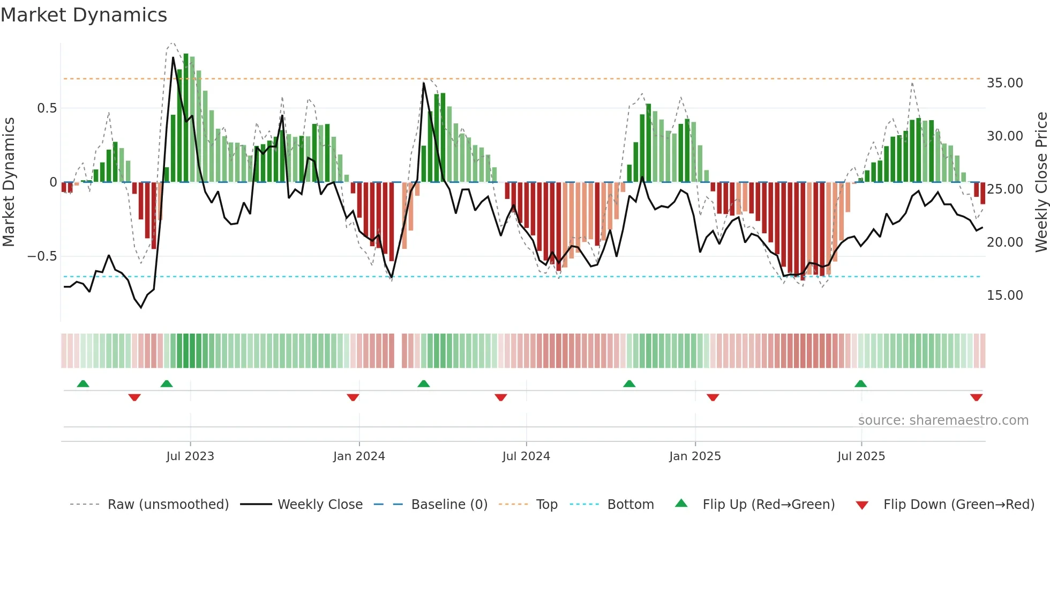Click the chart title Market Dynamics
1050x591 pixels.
(84, 15)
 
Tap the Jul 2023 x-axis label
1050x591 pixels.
(190, 456)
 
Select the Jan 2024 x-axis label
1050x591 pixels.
(359, 456)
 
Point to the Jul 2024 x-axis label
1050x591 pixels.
(526, 456)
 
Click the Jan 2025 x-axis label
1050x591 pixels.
(695, 456)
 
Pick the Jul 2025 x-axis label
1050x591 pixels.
(861, 456)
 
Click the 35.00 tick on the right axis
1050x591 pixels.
(1004, 83)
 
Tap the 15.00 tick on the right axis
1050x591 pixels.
(1004, 295)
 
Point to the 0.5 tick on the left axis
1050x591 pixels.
(47, 108)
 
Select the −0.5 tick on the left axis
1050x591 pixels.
(42, 256)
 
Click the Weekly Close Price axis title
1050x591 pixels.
(1041, 182)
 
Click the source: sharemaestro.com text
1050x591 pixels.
(943, 420)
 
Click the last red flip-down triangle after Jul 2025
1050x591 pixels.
(976, 397)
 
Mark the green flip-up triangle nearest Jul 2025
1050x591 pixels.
(860, 383)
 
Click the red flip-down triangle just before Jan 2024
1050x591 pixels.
(352, 397)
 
